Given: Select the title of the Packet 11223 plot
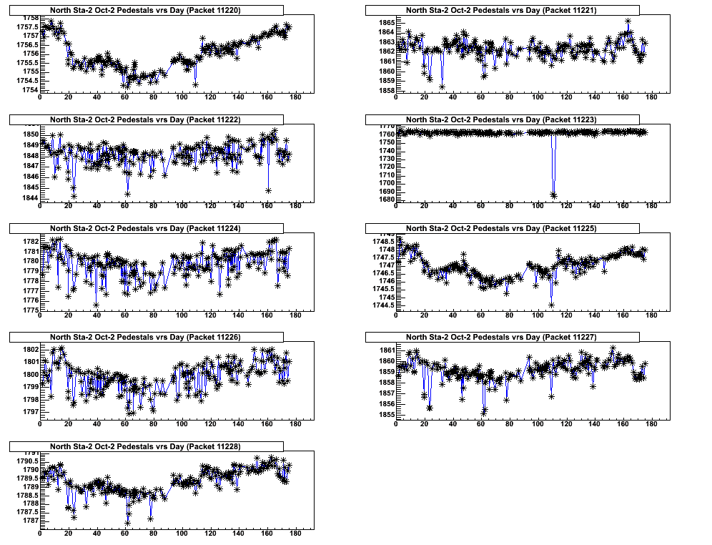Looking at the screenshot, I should pyautogui.click(x=501, y=119).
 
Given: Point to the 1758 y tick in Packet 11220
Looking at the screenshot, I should pyautogui.click(x=29, y=17).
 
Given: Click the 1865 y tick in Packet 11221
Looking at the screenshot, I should pyautogui.click(x=385, y=21).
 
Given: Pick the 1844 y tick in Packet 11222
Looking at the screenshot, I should pyautogui.click(x=29, y=197).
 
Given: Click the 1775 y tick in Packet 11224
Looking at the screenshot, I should pyautogui.click(x=29, y=310).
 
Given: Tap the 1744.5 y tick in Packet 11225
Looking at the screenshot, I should pyautogui.click(x=382, y=305).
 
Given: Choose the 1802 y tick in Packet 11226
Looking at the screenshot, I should pyautogui.click(x=29, y=349).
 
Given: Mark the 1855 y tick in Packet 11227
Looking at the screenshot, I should pyautogui.click(x=385, y=415).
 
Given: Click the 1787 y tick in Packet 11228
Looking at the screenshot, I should pyautogui.click(x=29, y=521).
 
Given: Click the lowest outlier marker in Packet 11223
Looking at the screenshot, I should pyautogui.click(x=553, y=195).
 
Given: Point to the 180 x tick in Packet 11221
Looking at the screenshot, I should pyautogui.click(x=651, y=99).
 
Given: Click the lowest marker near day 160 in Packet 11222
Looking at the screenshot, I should pyautogui.click(x=269, y=190).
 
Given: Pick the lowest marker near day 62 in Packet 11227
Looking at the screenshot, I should pyautogui.click(x=484, y=412).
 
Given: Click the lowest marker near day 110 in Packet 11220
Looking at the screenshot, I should pyautogui.click(x=196, y=84).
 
